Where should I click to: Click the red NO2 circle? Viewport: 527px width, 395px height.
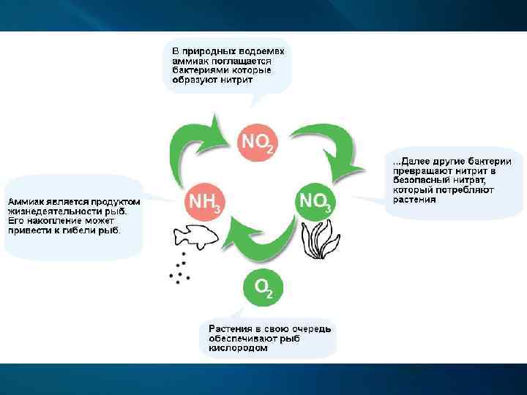tap(257, 139)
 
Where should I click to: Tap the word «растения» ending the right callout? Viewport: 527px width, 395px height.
tap(415, 199)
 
